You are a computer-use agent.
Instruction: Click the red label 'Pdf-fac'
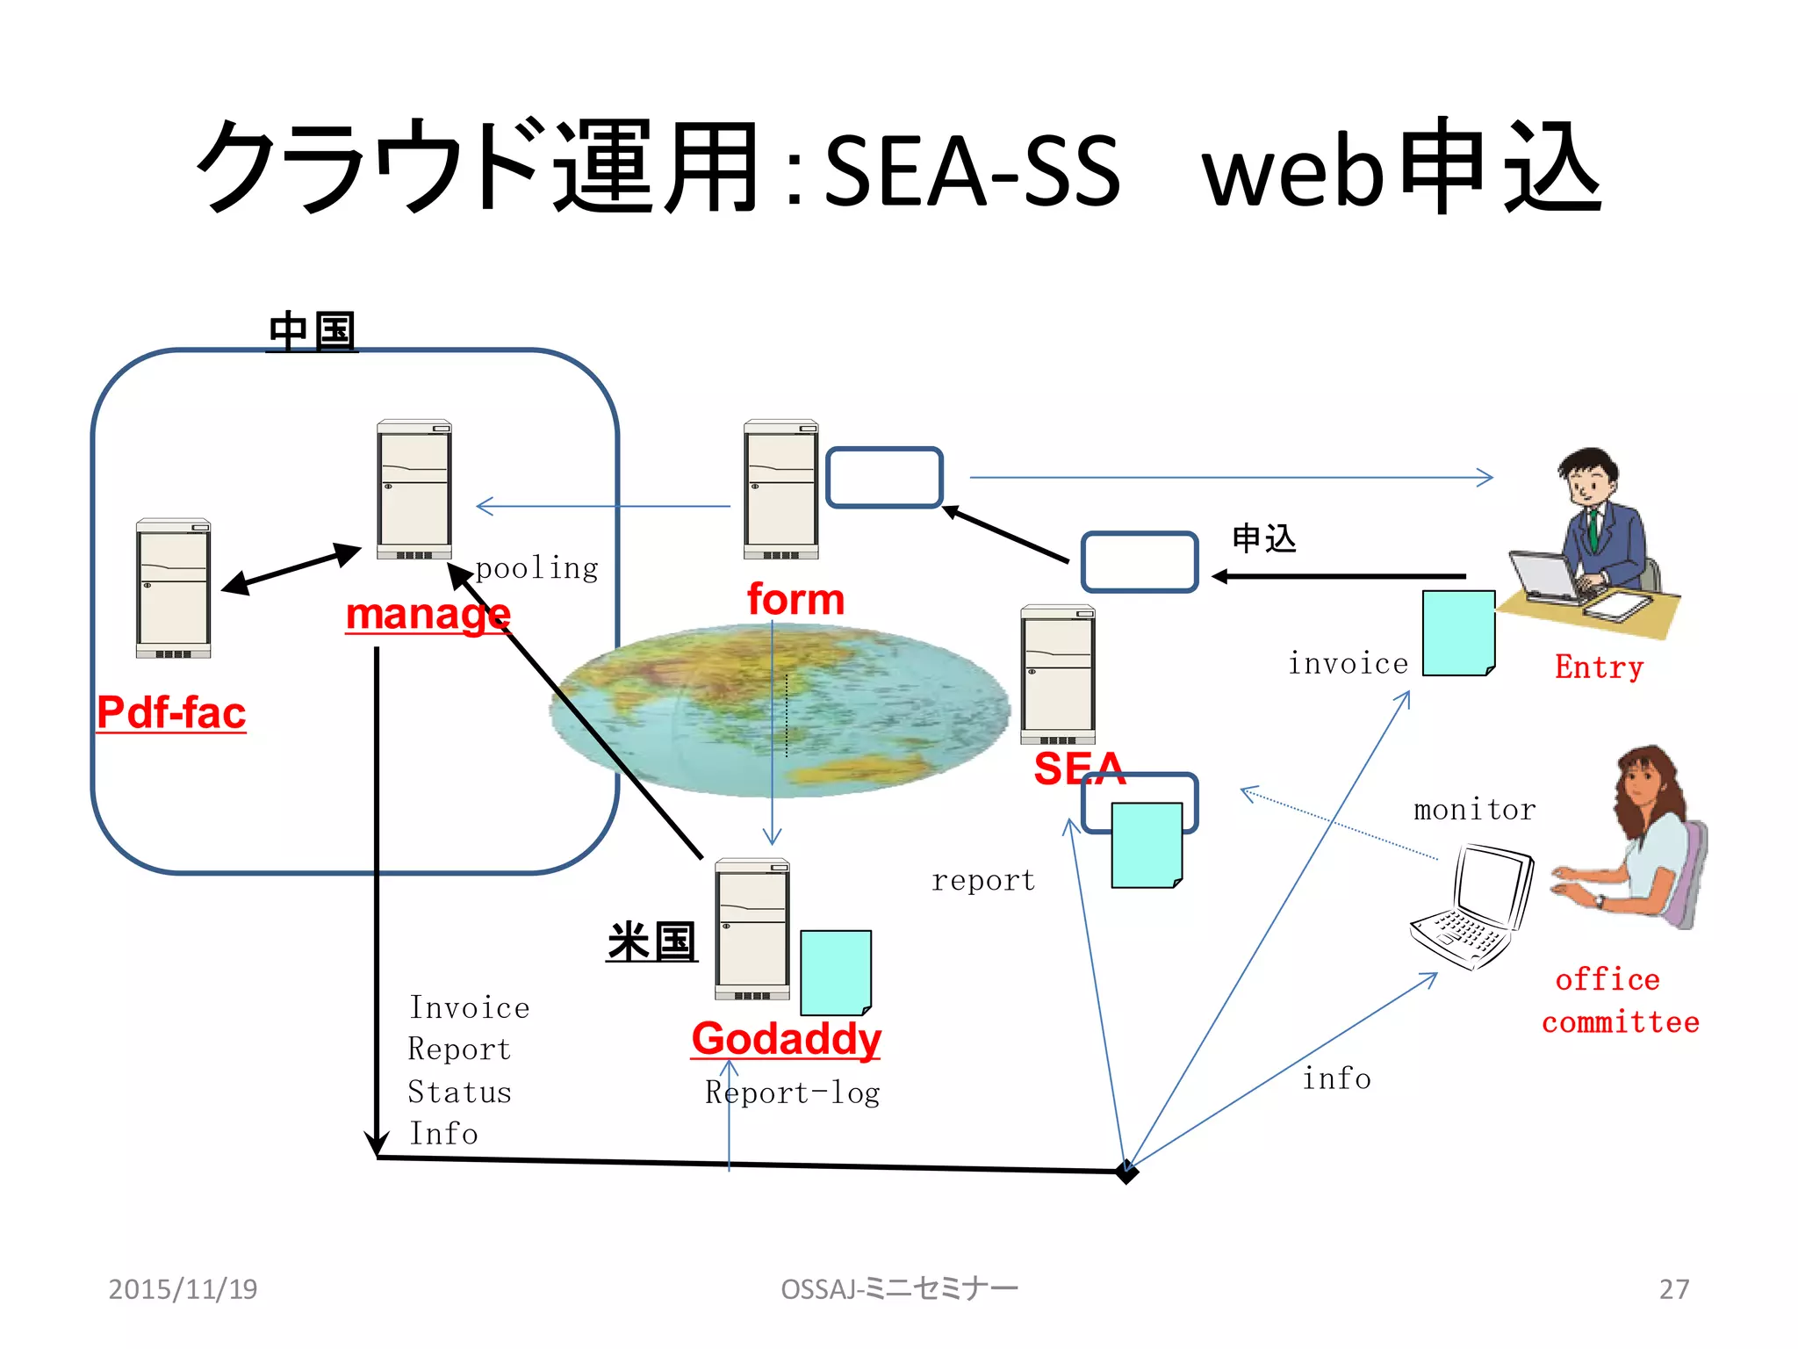171,712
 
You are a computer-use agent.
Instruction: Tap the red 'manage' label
428,614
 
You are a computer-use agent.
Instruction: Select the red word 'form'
795,599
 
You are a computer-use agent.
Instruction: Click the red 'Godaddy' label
786,1039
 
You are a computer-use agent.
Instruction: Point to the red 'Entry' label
1599,667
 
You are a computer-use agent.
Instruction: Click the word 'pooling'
536,568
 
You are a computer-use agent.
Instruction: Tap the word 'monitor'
1474,809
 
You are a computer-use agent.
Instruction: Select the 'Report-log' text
792,1093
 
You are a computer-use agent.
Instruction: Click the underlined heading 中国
312,331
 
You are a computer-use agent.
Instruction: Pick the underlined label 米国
651,941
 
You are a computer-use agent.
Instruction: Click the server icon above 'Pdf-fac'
173,588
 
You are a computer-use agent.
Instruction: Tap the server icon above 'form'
780,489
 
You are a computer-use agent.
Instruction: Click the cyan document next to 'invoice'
1458,632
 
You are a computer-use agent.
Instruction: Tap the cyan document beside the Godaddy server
836,972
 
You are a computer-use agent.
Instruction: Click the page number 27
1673,1288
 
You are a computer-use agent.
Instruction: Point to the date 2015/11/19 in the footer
183,1288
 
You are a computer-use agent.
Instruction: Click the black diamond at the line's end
1126,1172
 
